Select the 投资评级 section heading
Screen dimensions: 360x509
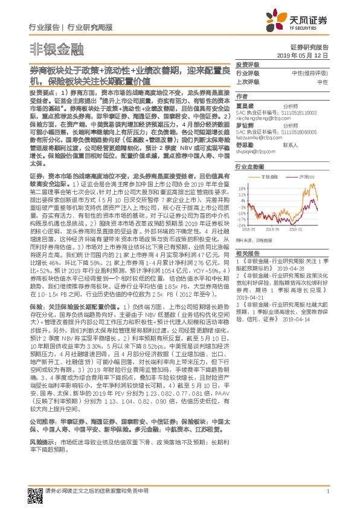pos(248,63)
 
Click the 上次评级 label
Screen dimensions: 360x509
pos(248,81)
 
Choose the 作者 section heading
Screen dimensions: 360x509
pos(242,96)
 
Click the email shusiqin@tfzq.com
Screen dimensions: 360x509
pos(254,153)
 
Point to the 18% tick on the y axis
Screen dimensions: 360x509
pos(243,189)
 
